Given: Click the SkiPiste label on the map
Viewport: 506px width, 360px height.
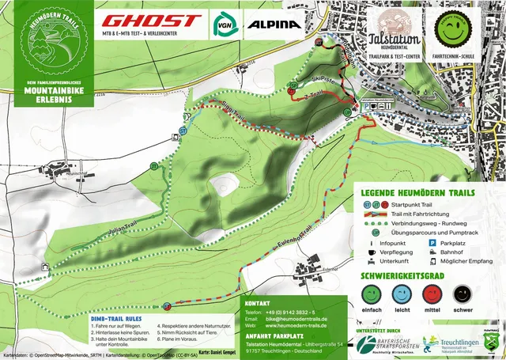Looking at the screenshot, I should click(323, 80).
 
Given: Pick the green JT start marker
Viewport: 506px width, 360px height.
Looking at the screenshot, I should click(154, 166).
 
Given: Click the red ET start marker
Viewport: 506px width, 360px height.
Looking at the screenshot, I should click(167, 306).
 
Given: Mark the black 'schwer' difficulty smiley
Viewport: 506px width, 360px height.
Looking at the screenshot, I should click(463, 295).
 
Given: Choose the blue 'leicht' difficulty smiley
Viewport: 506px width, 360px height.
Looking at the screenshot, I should click(402, 295).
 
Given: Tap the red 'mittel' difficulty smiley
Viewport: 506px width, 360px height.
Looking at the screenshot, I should click(432, 295).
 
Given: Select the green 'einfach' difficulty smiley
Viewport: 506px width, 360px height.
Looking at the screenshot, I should click(371, 295).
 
